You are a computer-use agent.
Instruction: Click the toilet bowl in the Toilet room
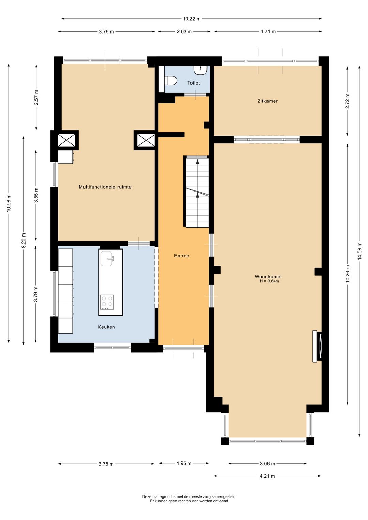tap(170, 80)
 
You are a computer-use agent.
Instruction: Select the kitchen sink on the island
tap(107, 258)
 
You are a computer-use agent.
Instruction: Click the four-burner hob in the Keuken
tap(107, 302)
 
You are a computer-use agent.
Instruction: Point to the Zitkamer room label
tap(267, 101)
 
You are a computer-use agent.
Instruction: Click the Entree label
tap(182, 256)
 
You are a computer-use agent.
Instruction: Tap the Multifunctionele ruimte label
tap(105, 187)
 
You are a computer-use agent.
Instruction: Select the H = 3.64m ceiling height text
tap(269, 281)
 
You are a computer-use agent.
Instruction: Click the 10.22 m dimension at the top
tap(191, 19)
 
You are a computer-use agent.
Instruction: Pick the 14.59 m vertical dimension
tap(359, 251)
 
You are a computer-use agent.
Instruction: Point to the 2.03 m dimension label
tap(184, 32)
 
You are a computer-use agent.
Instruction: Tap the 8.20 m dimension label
tap(24, 240)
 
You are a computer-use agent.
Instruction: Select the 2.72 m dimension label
tap(347, 101)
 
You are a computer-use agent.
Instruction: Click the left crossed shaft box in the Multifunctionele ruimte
tap(66, 140)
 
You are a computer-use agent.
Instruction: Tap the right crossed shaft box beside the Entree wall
tap(146, 140)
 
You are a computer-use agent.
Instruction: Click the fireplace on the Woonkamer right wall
tap(317, 346)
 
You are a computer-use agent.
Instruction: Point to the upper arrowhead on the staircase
tap(197, 162)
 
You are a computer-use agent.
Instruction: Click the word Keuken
tap(106, 327)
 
